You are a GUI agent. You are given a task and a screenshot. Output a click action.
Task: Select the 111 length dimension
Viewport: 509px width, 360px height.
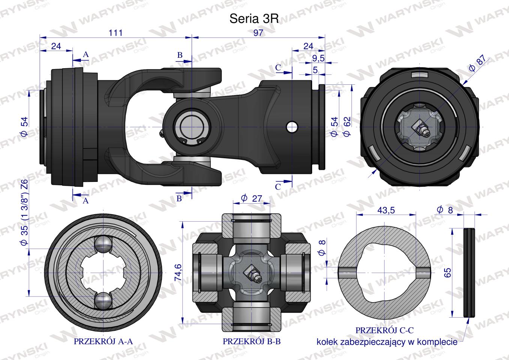tap(116, 33)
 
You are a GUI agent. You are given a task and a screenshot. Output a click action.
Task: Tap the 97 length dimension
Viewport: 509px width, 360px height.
tap(258, 33)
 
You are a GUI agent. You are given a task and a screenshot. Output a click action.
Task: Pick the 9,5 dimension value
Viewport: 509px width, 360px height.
tap(318, 58)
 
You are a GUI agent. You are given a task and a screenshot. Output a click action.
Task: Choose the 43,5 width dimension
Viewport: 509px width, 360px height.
tap(386, 210)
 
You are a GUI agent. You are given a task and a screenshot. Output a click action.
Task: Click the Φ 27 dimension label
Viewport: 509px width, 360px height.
tap(251, 198)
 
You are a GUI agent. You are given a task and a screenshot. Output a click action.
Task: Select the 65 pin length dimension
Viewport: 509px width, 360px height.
tap(447, 273)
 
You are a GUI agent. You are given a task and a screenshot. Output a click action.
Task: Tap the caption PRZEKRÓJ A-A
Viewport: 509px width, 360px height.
tap(104, 341)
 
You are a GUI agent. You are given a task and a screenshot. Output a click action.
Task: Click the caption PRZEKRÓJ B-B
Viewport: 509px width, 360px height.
tap(252, 341)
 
